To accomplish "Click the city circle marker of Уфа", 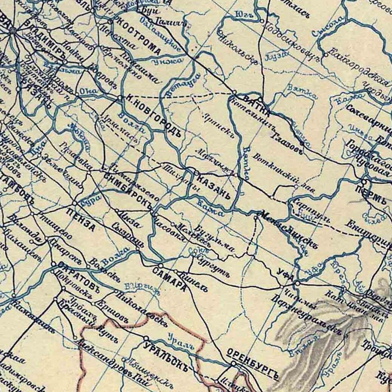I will pos(297,283).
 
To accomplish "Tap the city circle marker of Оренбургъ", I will pos(234,364).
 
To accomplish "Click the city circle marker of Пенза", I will pos(75,203).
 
